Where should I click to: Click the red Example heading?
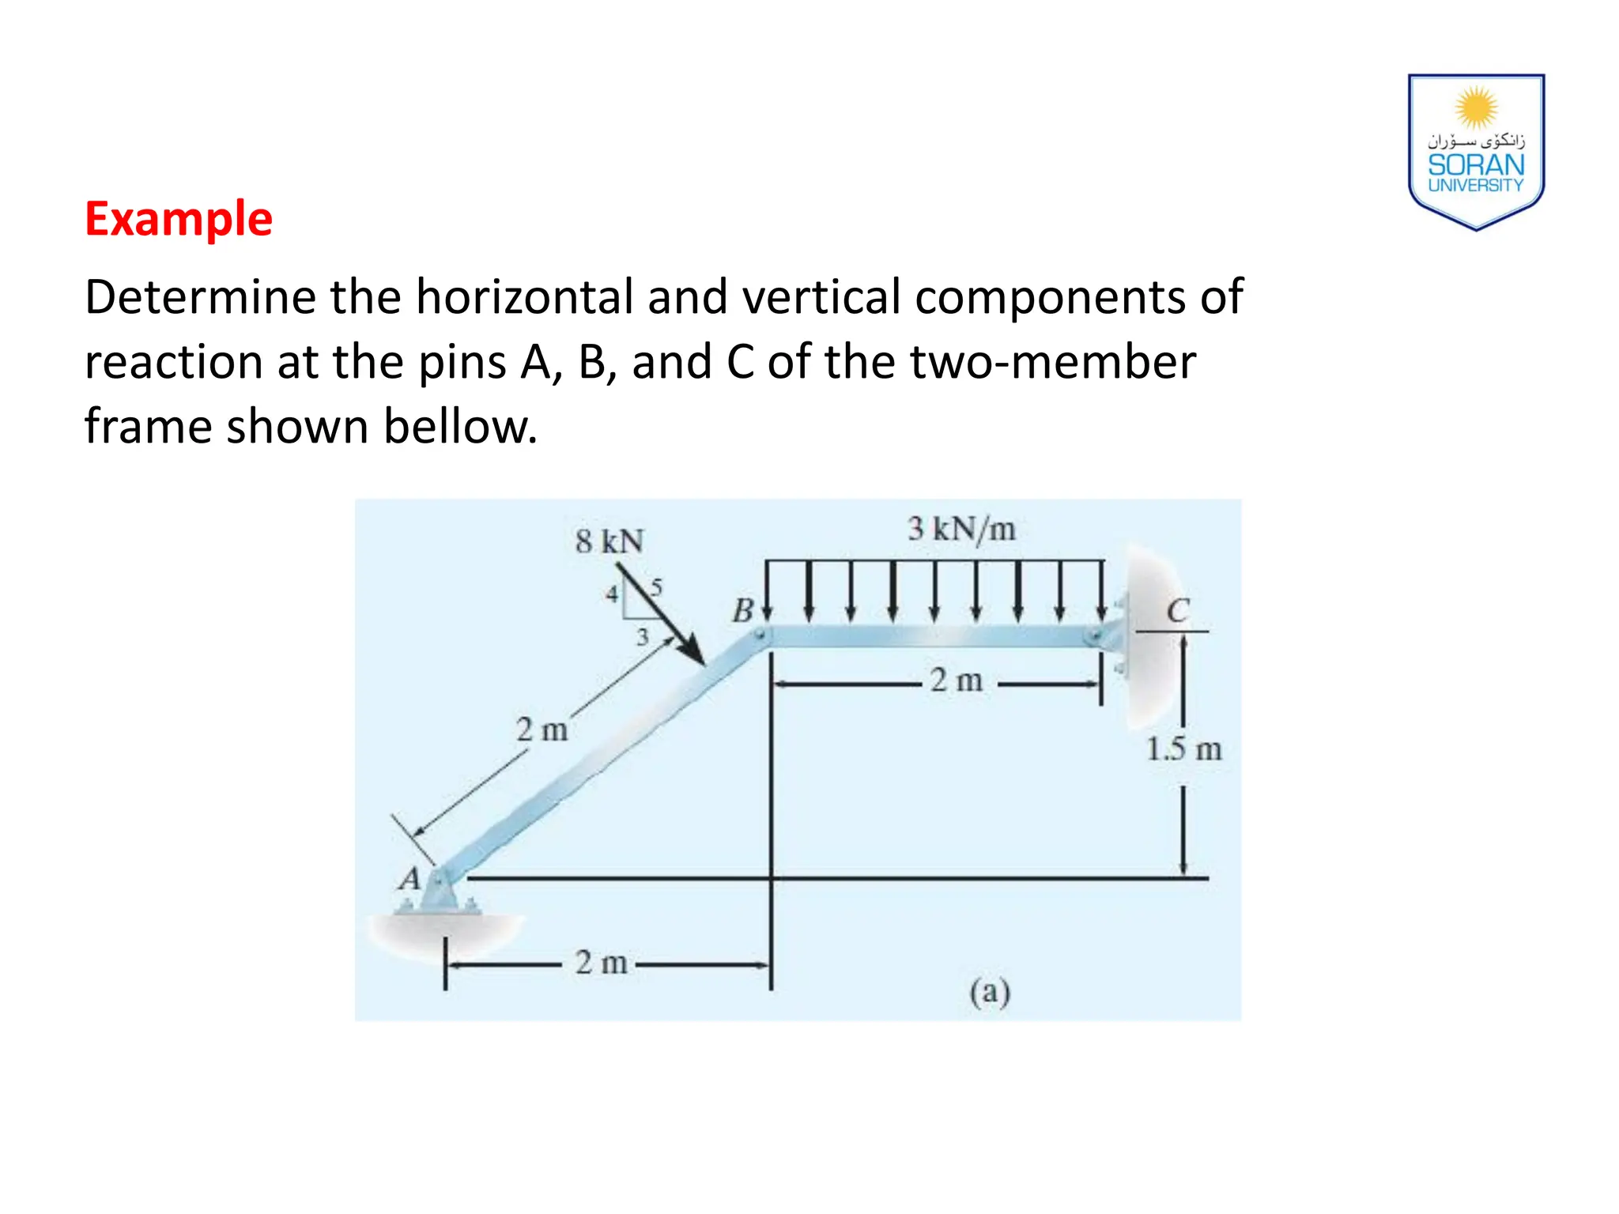point(179,219)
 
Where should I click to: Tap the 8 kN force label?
point(609,541)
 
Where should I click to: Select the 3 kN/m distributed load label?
point(961,529)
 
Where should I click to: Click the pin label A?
point(409,879)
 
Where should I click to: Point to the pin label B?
point(742,611)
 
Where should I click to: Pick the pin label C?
point(1178,611)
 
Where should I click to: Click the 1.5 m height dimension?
point(1183,748)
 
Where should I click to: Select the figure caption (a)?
point(990,991)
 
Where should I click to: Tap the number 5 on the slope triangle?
point(656,588)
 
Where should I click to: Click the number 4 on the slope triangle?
point(611,594)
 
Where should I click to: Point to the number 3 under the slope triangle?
point(642,636)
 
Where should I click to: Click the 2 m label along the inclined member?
point(542,730)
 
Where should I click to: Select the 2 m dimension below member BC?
point(957,680)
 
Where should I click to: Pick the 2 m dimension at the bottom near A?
point(601,963)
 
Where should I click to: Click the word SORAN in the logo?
point(1476,165)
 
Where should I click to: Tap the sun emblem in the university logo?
point(1476,107)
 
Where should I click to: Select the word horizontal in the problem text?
point(525,297)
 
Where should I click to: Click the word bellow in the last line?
point(460,427)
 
